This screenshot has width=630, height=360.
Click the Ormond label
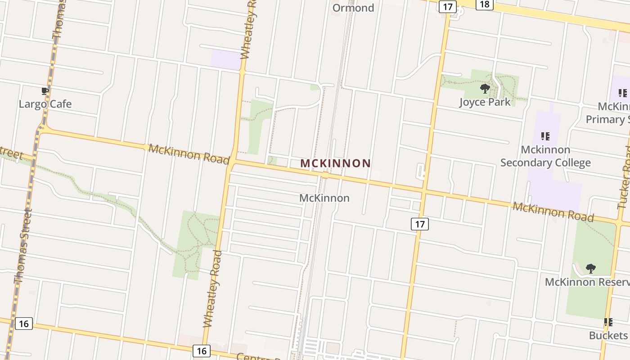[353, 8]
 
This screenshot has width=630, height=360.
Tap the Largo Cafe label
[45, 104]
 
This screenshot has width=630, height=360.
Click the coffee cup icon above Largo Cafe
[45, 91]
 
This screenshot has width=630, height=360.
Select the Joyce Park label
[485, 102]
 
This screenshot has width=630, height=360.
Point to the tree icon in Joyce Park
[485, 88]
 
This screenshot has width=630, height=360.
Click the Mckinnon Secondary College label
[545, 156]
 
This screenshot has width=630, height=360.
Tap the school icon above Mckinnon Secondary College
[545, 136]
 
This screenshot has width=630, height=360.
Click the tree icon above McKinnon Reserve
[590, 269]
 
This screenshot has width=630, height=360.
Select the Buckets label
[608, 336]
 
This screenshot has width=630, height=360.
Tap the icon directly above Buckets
[608, 322]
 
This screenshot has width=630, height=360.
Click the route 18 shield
[485, 4]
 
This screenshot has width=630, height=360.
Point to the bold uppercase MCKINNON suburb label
[335, 163]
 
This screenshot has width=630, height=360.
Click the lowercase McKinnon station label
[324, 198]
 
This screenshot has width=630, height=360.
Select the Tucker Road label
[625, 178]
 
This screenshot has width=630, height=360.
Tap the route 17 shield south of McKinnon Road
[420, 224]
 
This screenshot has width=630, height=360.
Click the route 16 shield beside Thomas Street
[23, 323]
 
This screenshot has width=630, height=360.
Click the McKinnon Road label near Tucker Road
[553, 211]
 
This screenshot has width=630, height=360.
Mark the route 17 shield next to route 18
[448, 6]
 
